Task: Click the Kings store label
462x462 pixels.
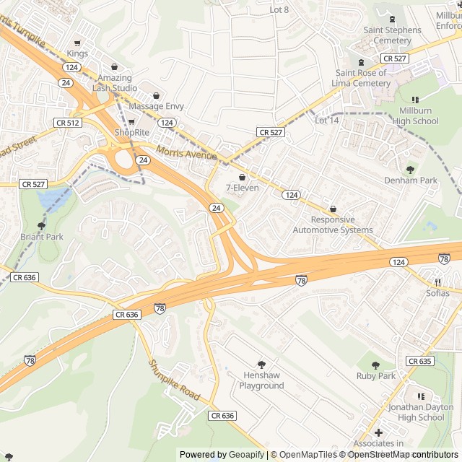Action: pyautogui.click(x=77, y=53)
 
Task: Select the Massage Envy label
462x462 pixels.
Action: pyautogui.click(x=156, y=106)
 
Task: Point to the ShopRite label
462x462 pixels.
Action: pyautogui.click(x=131, y=132)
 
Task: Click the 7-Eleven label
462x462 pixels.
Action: pyautogui.click(x=242, y=188)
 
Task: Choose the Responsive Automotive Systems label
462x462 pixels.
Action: pyautogui.click(x=333, y=225)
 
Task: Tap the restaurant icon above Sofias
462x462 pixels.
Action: pyautogui.click(x=437, y=282)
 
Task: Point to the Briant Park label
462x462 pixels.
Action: pyautogui.click(x=41, y=236)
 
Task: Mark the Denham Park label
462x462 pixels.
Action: pyautogui.click(x=411, y=180)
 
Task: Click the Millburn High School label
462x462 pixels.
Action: pyautogui.click(x=414, y=115)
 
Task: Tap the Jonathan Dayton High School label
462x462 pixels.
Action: pyautogui.click(x=421, y=412)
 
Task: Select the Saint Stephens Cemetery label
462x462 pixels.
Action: pyautogui.click(x=392, y=35)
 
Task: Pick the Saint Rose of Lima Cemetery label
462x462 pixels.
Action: pyautogui.click(x=363, y=78)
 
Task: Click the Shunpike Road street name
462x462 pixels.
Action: pyautogui.click(x=174, y=381)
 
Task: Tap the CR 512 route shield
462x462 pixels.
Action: pyautogui.click(x=67, y=123)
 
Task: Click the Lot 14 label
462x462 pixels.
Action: pyautogui.click(x=326, y=120)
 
